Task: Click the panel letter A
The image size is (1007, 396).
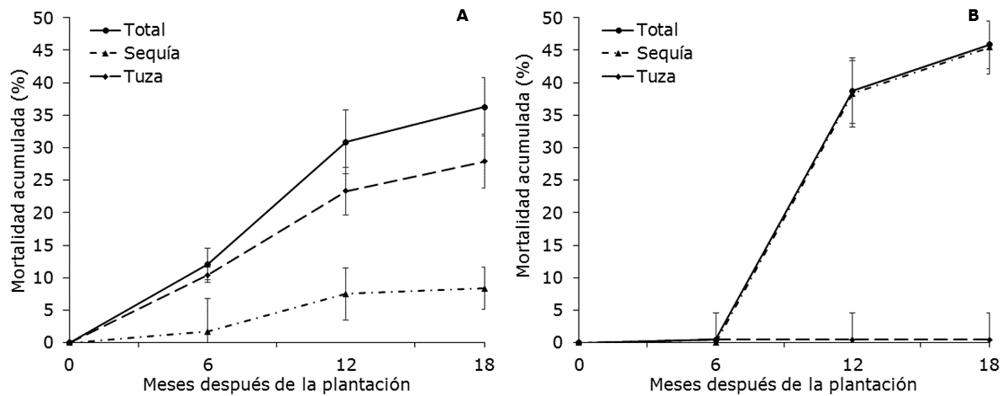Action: tap(462, 16)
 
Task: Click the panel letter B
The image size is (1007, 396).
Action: tap(973, 16)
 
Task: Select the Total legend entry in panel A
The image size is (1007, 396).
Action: tap(135, 31)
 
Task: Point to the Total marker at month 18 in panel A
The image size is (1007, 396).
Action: tap(485, 107)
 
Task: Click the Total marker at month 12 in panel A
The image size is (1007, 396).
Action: tap(347, 142)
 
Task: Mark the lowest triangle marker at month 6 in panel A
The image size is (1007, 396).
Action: tap(208, 331)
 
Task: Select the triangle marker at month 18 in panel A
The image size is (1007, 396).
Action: tap(485, 288)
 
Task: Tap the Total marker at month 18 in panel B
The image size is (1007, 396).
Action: tap(989, 45)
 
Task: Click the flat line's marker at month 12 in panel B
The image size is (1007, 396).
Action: tap(852, 340)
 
